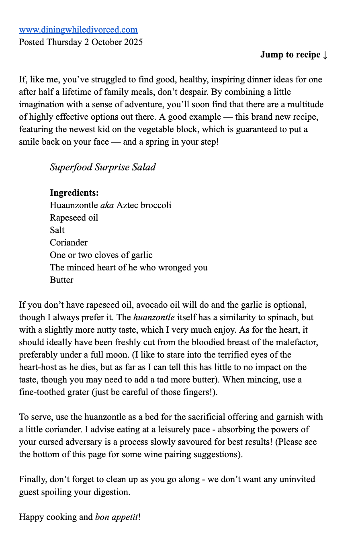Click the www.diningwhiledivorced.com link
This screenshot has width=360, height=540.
[78, 30]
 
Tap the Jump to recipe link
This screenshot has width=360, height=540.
[290, 55]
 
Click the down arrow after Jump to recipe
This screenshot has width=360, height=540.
[325, 55]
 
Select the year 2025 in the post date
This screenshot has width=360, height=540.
[131, 42]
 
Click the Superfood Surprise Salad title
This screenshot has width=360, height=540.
[102, 167]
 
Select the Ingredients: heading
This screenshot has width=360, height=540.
[74, 193]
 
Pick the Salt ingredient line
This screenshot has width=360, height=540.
[57, 230]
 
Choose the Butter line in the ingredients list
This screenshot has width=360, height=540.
[61, 280]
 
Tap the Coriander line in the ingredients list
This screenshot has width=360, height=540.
[69, 243]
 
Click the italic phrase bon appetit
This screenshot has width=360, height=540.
[117, 517]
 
